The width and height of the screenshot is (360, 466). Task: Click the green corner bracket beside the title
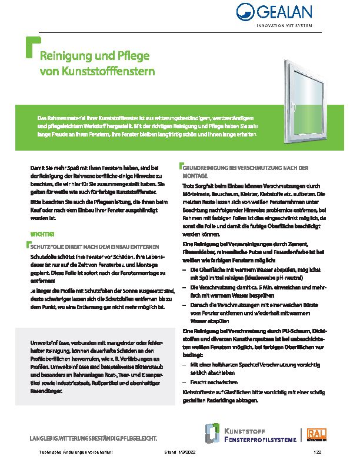coord(31,48)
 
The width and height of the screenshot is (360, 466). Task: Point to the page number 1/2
coord(318,452)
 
